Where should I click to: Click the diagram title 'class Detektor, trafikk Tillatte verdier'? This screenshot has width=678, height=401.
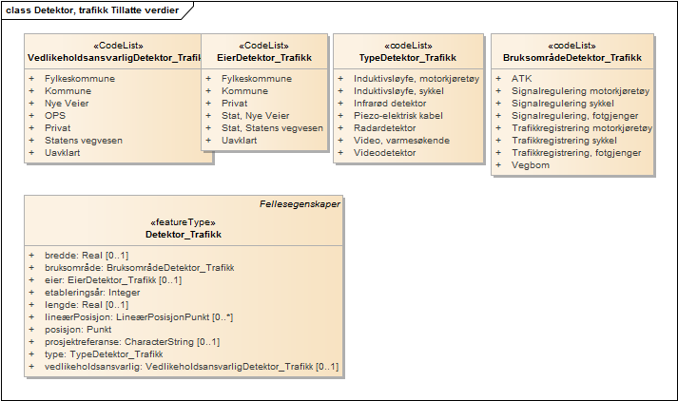(92, 10)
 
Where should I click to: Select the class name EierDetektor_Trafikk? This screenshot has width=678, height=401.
(264, 58)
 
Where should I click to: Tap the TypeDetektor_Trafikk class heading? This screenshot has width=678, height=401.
(408, 58)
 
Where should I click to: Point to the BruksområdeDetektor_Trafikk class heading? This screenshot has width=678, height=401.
(572, 58)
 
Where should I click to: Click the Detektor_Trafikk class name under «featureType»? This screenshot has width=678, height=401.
(184, 235)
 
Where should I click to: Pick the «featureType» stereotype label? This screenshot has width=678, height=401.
(183, 222)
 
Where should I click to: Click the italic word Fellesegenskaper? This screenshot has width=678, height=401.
(300, 204)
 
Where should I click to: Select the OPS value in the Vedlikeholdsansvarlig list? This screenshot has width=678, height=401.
(55, 116)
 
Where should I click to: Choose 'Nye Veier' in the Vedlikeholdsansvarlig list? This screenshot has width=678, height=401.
(67, 104)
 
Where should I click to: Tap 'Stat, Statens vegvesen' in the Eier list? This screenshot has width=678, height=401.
(272, 128)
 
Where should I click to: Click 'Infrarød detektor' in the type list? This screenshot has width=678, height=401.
(390, 104)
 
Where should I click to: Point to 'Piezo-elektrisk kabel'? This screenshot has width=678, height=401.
(398, 116)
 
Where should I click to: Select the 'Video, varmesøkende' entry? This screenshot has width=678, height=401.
(401, 141)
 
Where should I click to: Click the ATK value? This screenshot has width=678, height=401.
(522, 79)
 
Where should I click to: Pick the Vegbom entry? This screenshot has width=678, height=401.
(531, 165)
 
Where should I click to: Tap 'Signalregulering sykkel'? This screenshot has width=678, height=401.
(563, 104)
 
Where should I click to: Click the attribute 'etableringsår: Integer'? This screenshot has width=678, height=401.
(92, 293)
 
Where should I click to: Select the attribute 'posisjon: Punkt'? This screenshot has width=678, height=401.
(78, 330)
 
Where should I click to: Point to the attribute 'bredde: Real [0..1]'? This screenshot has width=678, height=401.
(87, 256)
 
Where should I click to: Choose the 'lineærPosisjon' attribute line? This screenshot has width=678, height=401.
(139, 317)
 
